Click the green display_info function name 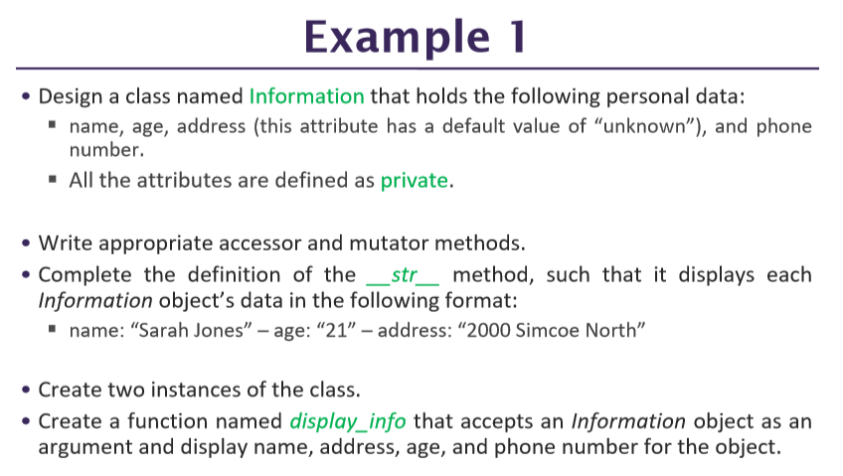pyautogui.click(x=347, y=420)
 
